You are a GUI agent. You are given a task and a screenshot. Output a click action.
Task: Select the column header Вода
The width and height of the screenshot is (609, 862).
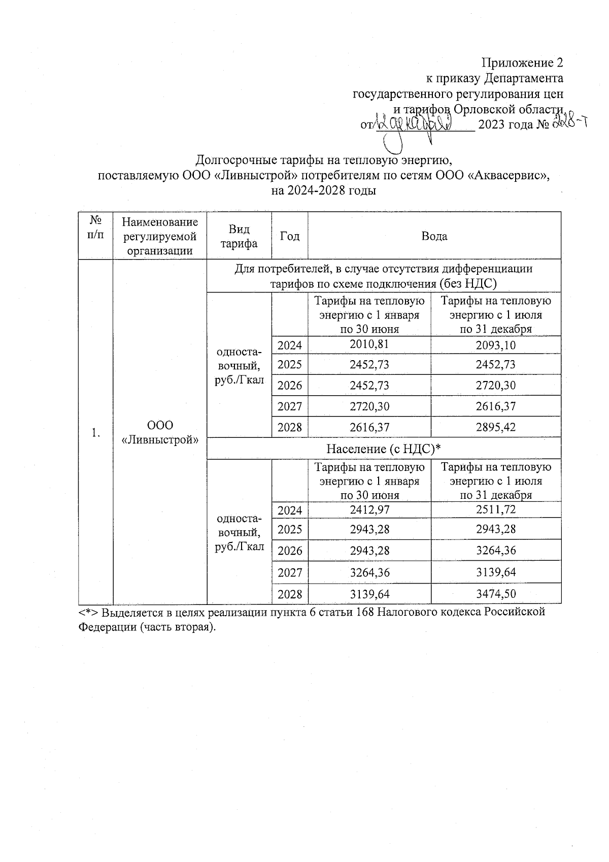point(434,236)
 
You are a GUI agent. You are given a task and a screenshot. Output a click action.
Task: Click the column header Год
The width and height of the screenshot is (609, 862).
point(290,236)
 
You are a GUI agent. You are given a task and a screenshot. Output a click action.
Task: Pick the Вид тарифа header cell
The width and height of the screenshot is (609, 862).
point(239,236)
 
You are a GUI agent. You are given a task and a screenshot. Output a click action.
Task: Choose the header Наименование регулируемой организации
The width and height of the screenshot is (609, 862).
point(160,236)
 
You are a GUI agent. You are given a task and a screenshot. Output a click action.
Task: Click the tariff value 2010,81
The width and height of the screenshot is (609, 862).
point(369,344)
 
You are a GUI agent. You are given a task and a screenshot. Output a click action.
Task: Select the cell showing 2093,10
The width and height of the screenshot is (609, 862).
point(496,345)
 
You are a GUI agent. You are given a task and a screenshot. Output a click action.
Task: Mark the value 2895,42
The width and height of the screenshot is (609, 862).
point(496,427)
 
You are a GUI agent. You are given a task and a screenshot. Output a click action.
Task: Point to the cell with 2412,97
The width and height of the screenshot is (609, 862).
point(369,509)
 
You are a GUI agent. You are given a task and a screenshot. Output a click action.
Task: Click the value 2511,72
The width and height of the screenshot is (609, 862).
point(496,509)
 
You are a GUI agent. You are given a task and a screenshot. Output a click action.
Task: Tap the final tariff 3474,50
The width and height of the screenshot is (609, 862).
point(496,594)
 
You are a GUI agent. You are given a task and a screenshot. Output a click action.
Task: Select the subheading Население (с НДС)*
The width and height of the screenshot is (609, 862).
point(383,449)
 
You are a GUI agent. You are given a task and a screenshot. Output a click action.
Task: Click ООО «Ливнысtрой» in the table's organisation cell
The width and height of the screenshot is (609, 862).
point(160,432)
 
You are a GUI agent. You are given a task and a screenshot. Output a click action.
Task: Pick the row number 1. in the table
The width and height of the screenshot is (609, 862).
point(95,432)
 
